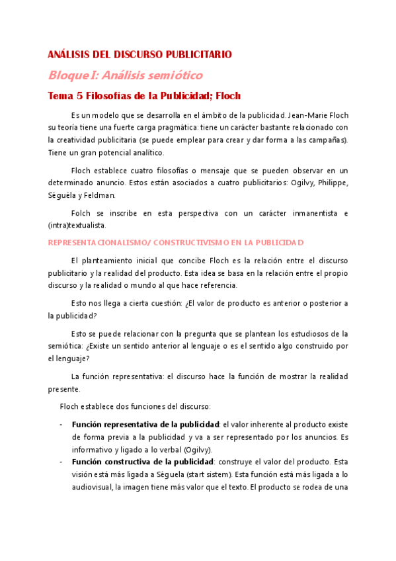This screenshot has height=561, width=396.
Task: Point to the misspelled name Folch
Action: click(82, 213)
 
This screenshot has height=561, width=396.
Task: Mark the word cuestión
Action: click(160, 304)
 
